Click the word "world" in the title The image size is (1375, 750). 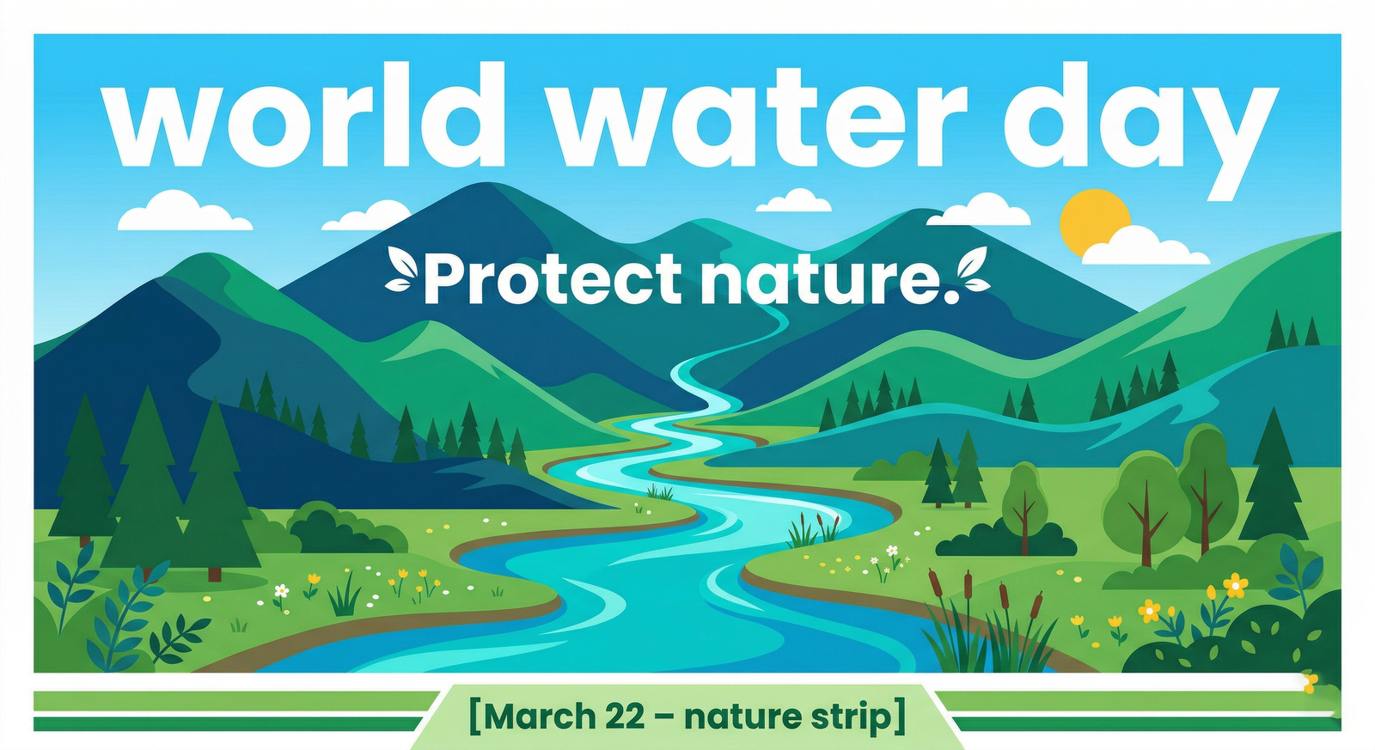tap(303, 114)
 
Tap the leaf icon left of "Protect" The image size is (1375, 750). tap(401, 269)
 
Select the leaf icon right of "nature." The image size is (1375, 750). tap(974, 269)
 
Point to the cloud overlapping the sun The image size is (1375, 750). tap(1145, 246)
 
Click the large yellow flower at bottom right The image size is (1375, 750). tap(1235, 585)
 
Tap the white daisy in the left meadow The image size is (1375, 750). tap(281, 591)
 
